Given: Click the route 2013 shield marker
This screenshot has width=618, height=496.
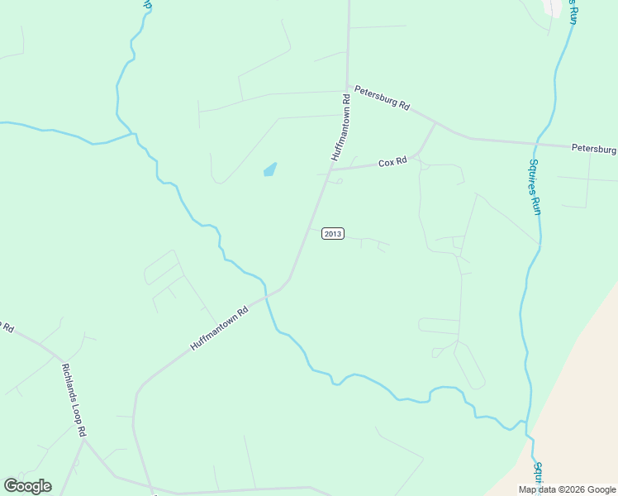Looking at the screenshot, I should (x=332, y=234).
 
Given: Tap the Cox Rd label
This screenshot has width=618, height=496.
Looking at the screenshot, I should (x=392, y=163).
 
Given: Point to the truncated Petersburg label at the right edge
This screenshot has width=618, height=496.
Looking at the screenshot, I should (x=594, y=150).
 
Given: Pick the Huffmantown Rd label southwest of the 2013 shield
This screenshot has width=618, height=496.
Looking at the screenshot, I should (x=220, y=329).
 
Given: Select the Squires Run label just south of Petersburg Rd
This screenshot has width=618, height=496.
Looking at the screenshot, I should (x=535, y=187).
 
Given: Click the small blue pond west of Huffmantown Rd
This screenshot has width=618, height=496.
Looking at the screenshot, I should (x=269, y=169).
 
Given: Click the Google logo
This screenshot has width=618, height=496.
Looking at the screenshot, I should (x=27, y=486).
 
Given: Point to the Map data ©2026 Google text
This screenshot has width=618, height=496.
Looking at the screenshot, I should (x=568, y=489).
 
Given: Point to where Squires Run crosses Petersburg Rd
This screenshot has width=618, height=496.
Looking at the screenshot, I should (x=538, y=143).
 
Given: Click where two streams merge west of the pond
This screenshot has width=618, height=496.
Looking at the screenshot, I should (x=133, y=134).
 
